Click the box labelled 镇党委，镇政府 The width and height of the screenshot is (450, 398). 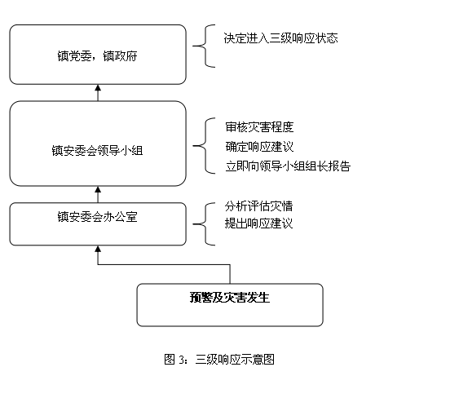click(x=98, y=55)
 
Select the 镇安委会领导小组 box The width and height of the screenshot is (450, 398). click(x=98, y=144)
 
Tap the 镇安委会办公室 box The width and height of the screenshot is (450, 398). click(x=98, y=224)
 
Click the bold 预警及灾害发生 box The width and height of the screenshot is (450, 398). click(x=230, y=305)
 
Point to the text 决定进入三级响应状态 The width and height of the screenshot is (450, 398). click(x=280, y=38)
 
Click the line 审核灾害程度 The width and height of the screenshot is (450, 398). click(x=259, y=127)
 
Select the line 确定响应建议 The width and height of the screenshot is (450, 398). click(x=259, y=147)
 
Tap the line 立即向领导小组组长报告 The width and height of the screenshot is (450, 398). click(x=288, y=166)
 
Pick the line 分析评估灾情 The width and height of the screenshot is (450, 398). click(x=258, y=206)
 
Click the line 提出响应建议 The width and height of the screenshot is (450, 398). click(x=258, y=223)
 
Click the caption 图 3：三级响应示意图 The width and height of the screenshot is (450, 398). click(x=219, y=359)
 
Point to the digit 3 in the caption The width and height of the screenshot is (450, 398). click(x=181, y=360)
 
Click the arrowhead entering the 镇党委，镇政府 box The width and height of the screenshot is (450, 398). click(x=98, y=87)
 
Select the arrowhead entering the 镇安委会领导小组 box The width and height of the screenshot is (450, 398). click(x=98, y=189)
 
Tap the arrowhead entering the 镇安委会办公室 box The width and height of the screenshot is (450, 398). click(x=98, y=249)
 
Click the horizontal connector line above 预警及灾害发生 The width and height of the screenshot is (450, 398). click(x=164, y=264)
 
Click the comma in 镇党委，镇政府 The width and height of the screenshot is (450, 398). click(x=94, y=60)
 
